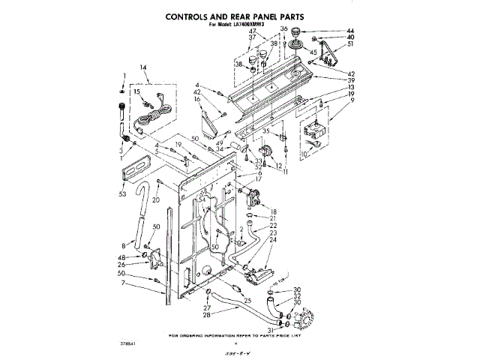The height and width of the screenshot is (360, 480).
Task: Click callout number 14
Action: pyautogui.click(x=143, y=69)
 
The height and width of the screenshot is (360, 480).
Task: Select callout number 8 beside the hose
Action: pyautogui.click(x=122, y=244)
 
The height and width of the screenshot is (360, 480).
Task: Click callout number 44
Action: pyautogui.click(x=329, y=31)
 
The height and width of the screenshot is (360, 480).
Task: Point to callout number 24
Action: pyautogui.click(x=273, y=241)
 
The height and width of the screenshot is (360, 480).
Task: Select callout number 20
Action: pyautogui.click(x=155, y=200)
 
